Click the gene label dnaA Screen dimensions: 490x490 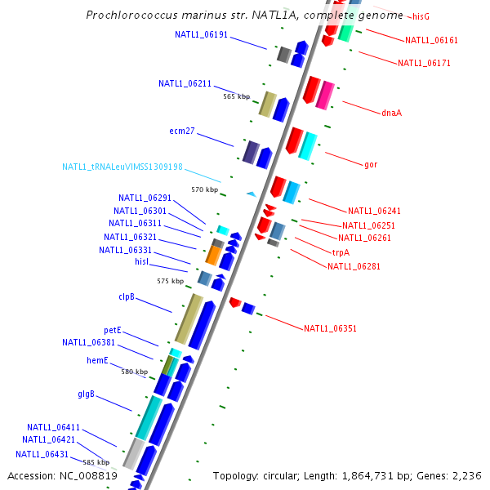[x=391, y=113]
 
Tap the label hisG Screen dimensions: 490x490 [x=421, y=16]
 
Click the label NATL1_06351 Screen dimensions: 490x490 [x=330, y=329]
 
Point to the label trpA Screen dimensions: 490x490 [x=341, y=252]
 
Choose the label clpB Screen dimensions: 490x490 [x=127, y=297]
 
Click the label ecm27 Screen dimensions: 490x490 [x=182, y=131]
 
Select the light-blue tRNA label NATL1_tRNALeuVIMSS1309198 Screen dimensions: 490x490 [x=122, y=167]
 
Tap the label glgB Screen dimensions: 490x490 [x=87, y=394]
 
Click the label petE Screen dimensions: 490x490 [x=113, y=330]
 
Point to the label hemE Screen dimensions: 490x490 [x=97, y=360]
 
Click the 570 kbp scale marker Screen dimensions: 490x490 [x=205, y=189]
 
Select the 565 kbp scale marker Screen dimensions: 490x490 [x=237, y=96]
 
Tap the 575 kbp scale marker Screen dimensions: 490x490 [x=170, y=281]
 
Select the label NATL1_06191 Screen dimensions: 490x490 [x=201, y=34]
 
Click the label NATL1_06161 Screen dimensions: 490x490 [x=431, y=40]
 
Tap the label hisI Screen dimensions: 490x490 [x=141, y=261]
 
